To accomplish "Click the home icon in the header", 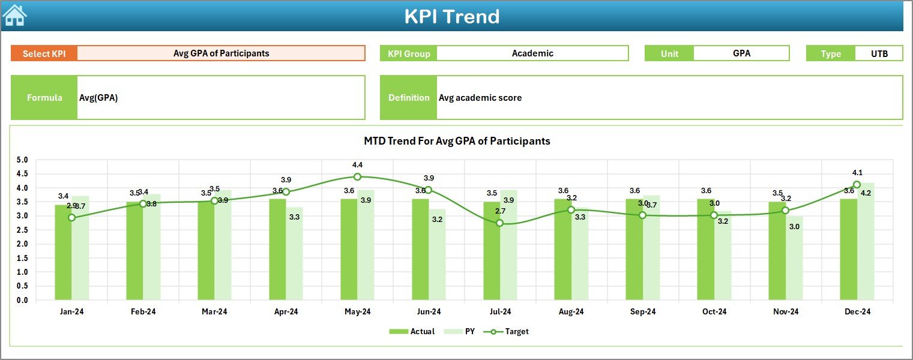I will (14, 15).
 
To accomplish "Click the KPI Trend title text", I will (451, 16).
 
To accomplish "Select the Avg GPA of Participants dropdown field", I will (221, 53).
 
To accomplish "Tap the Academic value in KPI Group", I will (532, 53).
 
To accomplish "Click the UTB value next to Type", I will (879, 53).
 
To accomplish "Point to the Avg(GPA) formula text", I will (98, 98).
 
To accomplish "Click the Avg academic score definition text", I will (480, 98).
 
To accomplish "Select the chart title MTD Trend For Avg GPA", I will (457, 141).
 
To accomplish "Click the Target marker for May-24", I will (357, 176).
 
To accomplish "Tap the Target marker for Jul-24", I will (499, 223).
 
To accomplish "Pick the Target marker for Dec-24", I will (857, 185).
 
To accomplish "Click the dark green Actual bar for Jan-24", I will (63, 252).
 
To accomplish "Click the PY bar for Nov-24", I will (794, 258).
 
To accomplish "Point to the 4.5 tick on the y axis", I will (22, 174).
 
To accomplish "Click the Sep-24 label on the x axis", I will (642, 312).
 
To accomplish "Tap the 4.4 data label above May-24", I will (357, 164).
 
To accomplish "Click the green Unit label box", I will (669, 53).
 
